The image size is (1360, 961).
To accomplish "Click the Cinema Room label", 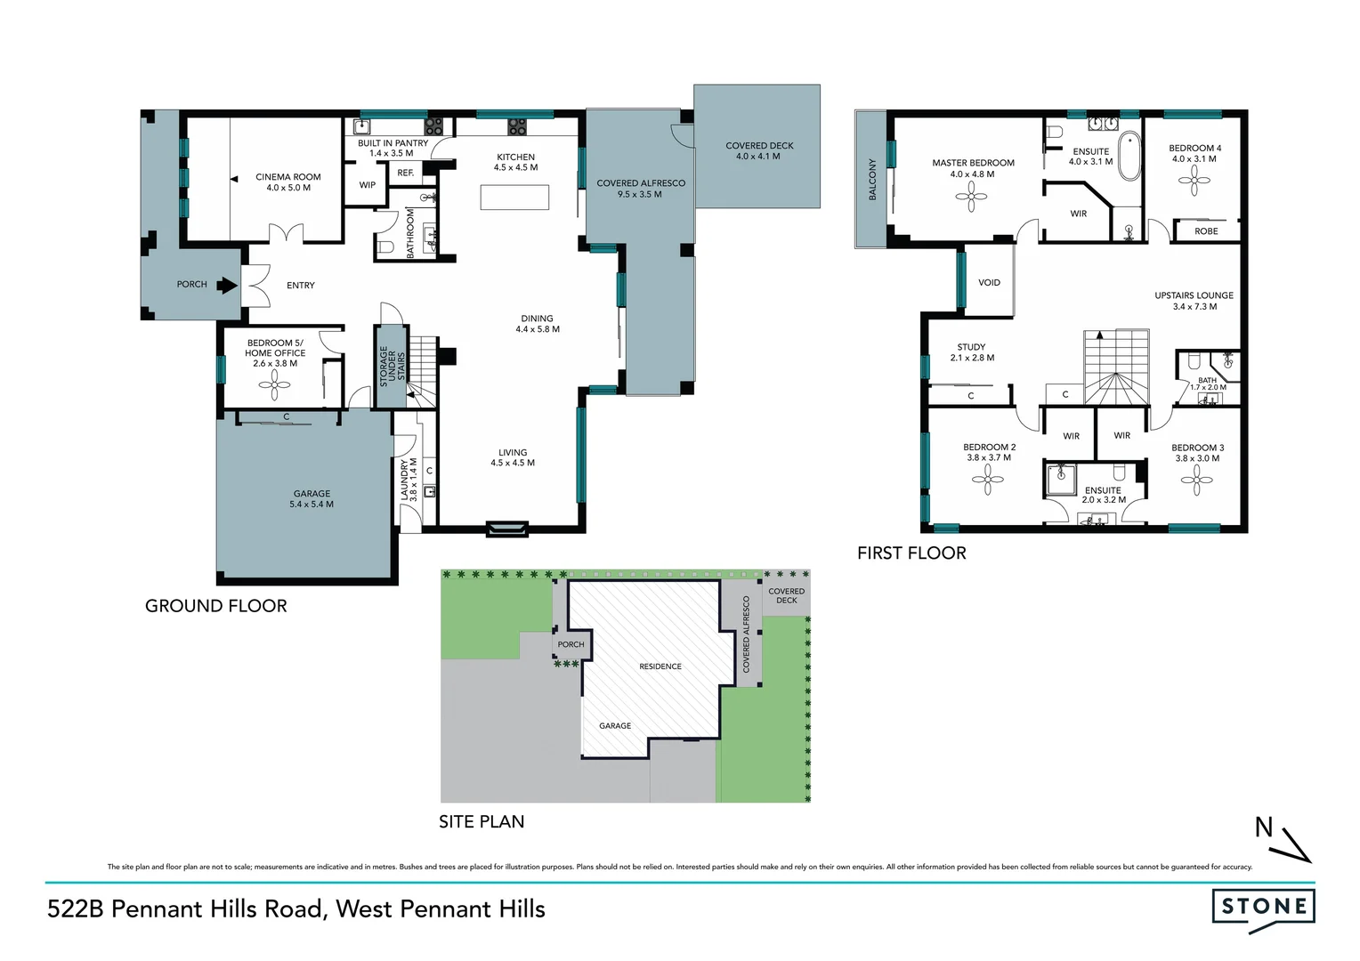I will pyautogui.click(x=288, y=177).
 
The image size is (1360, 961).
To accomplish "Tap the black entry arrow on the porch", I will pyautogui.click(x=227, y=285).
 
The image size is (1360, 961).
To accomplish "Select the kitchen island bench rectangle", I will pyautogui.click(x=514, y=197).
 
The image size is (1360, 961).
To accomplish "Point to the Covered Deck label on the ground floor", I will pyautogui.click(x=759, y=146).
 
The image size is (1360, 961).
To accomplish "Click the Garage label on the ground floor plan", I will pyautogui.click(x=312, y=494).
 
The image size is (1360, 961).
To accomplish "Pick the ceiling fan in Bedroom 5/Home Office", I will pyautogui.click(x=274, y=384).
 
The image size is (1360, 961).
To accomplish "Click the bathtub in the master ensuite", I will pyautogui.click(x=1129, y=157).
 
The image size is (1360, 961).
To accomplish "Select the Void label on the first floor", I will pyautogui.click(x=989, y=283).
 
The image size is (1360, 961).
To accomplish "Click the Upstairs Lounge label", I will pyautogui.click(x=1194, y=295).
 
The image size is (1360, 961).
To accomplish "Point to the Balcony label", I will pyautogui.click(x=872, y=179).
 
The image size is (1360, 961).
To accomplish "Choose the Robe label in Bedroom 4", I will pyautogui.click(x=1206, y=231).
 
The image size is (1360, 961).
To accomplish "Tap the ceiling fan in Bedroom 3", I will pyautogui.click(x=1196, y=480).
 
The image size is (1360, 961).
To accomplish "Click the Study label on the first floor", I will pyautogui.click(x=971, y=347).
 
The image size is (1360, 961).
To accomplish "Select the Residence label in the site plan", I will pyautogui.click(x=660, y=666).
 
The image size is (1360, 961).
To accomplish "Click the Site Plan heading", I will pyautogui.click(x=482, y=822).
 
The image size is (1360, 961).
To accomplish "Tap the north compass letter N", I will pyautogui.click(x=1264, y=828).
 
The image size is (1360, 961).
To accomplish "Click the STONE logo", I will pyautogui.click(x=1263, y=908).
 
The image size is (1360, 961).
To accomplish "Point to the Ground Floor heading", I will pyautogui.click(x=216, y=606).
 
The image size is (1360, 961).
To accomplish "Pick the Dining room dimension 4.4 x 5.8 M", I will pyautogui.click(x=538, y=329).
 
